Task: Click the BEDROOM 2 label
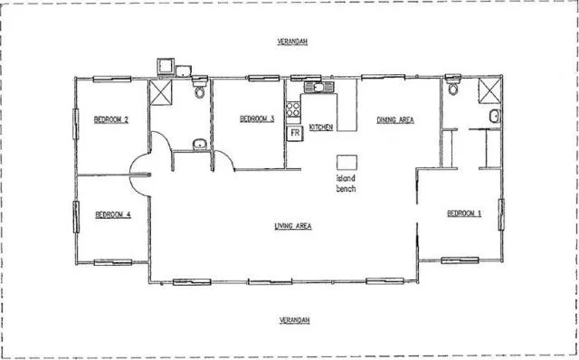[112, 119]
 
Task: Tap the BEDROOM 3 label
[257, 119]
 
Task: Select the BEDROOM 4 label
[113, 214]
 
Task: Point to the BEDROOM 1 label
[464, 213]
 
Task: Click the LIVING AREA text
[293, 226]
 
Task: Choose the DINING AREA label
[394, 119]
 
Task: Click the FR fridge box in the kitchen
[295, 134]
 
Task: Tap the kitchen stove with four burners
[294, 110]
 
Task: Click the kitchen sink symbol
[318, 88]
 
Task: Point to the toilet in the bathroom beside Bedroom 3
[199, 90]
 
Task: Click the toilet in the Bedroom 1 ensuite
[453, 90]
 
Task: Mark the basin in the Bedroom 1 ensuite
[495, 117]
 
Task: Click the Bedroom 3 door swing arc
[223, 164]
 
